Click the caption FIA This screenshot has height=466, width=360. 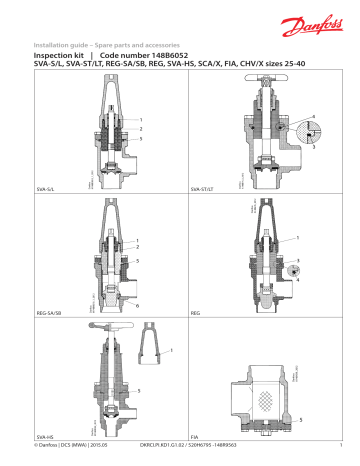(194, 437)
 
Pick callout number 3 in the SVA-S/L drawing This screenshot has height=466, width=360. (142, 138)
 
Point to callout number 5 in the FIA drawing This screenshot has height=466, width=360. (300, 420)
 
